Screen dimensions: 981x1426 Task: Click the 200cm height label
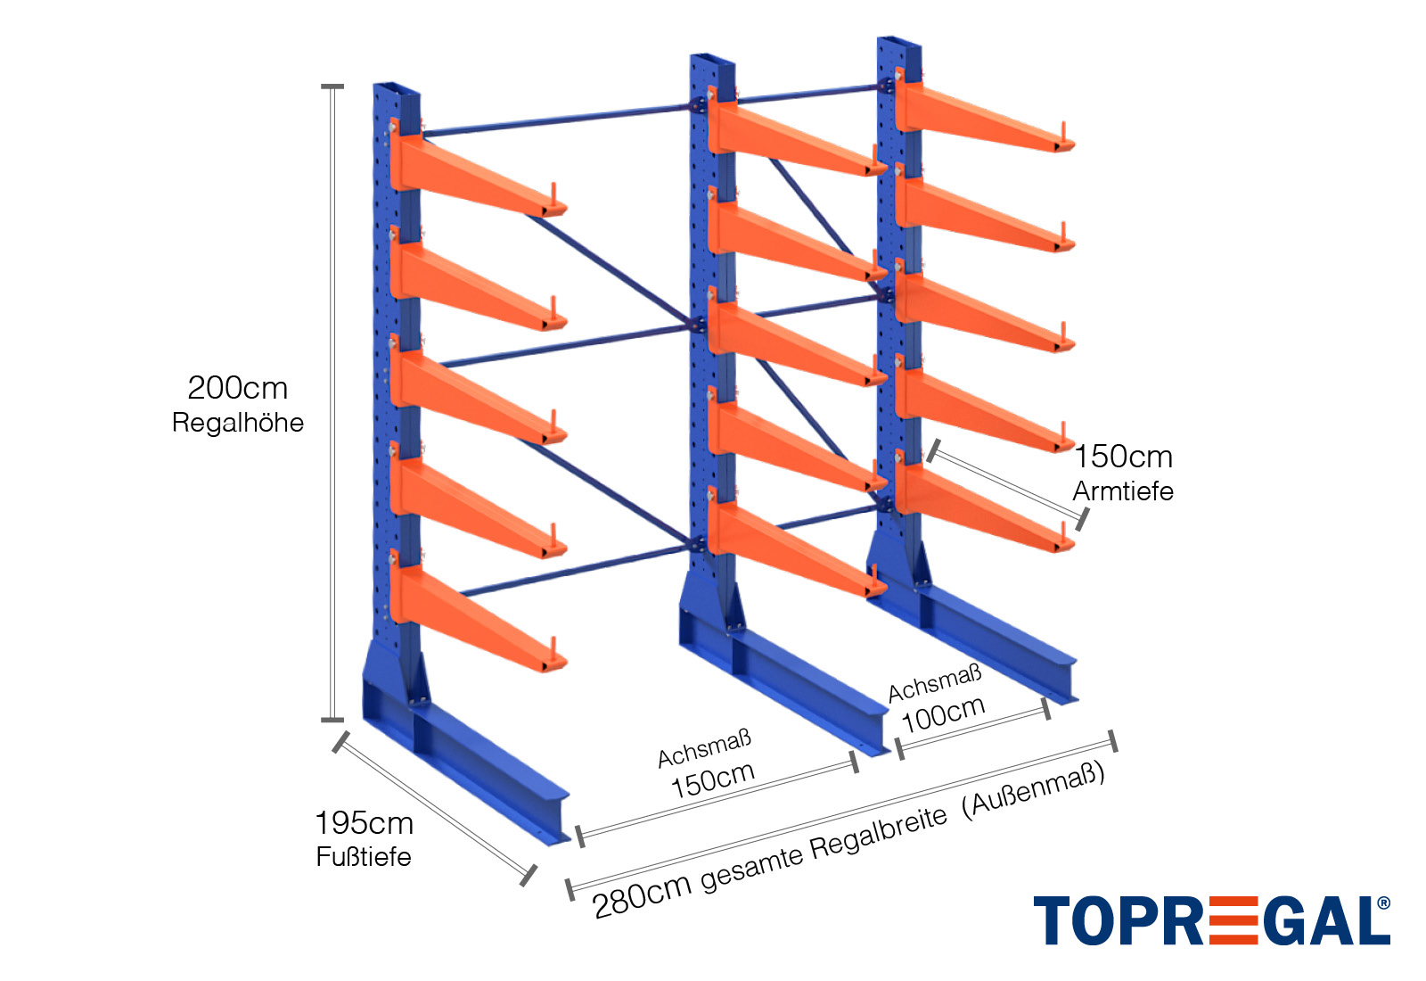click(x=237, y=388)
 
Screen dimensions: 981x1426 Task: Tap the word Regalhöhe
click(x=237, y=423)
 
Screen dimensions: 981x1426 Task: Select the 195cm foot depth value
click(x=364, y=823)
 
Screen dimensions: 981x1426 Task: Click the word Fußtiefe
click(x=364, y=857)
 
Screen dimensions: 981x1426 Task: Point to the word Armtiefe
click(x=1123, y=491)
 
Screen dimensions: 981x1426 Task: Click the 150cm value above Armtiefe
click(x=1123, y=457)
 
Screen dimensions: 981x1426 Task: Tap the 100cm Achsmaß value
click(x=943, y=713)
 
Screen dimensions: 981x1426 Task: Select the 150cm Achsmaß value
click(x=712, y=780)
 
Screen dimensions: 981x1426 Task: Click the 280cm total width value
click(x=642, y=894)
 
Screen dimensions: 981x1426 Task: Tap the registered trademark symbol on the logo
click(x=1383, y=903)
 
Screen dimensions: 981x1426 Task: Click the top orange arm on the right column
click(x=980, y=116)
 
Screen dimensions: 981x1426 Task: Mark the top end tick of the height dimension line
click(x=332, y=87)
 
